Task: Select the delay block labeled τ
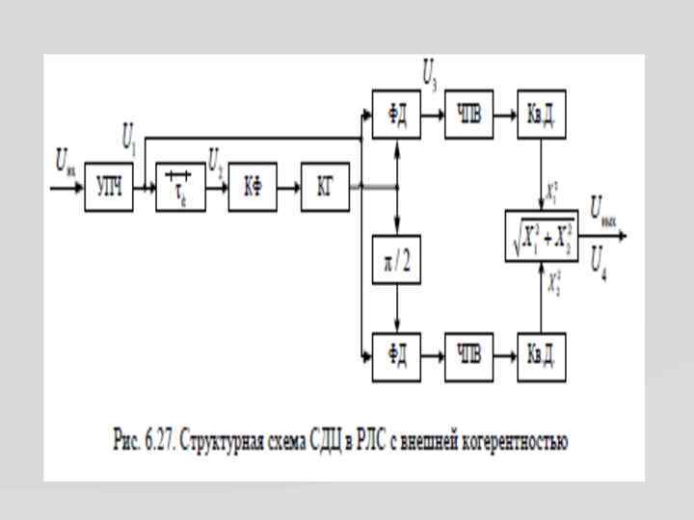click(180, 187)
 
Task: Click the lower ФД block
click(396, 354)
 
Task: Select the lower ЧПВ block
click(468, 354)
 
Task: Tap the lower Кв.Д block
click(541, 354)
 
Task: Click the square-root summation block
click(542, 236)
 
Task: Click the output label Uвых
click(603, 209)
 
